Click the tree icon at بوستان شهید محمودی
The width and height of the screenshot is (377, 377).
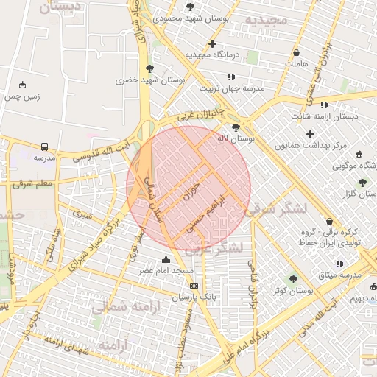coord(191,6)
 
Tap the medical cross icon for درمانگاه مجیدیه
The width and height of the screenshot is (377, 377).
coord(212,44)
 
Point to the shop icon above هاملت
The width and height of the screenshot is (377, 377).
coord(296,53)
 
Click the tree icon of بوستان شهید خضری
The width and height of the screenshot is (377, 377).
coord(149,68)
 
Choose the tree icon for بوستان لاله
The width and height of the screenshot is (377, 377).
coord(235,127)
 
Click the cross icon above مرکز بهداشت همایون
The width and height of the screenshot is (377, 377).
coord(310,134)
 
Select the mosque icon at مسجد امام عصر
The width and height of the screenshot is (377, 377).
coord(166,259)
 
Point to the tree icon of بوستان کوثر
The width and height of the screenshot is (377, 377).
coord(293,279)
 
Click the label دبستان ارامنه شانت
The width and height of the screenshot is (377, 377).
coord(324,116)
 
